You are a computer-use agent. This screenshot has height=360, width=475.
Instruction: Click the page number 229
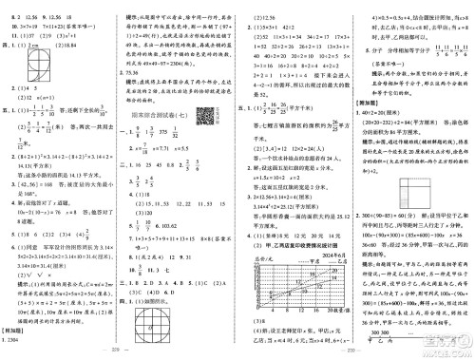[x=119, y=353]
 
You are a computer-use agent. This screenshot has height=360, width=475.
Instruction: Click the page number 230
[x=357, y=353]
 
